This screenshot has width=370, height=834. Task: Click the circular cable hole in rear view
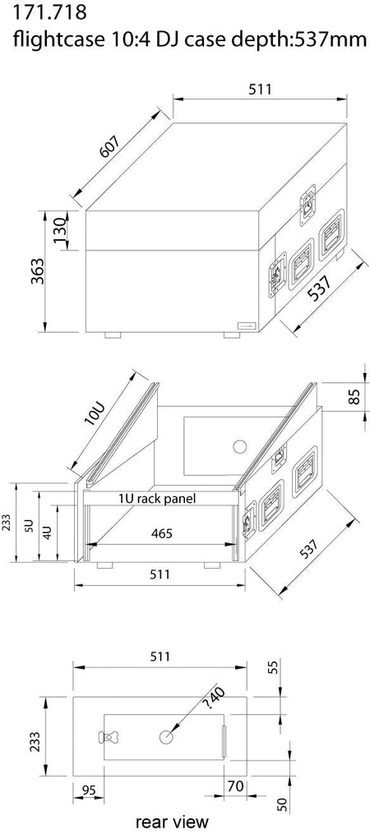tap(168, 736)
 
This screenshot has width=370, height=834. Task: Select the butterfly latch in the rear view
tap(110, 737)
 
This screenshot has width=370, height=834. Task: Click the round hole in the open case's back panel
tap(239, 447)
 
